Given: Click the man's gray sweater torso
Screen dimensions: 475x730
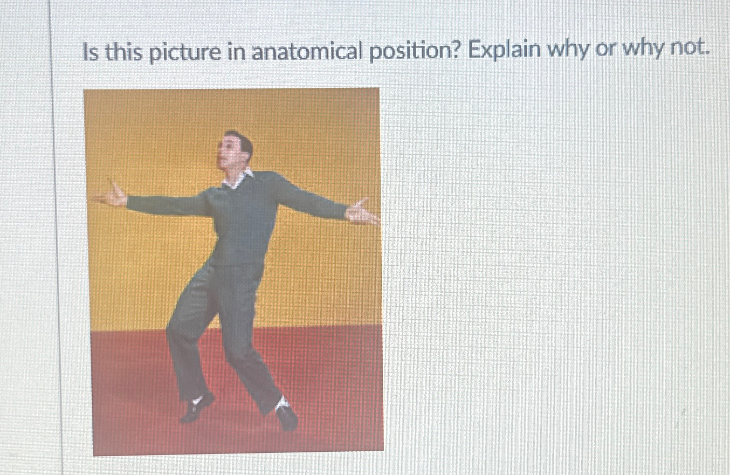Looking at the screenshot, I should click(245, 221).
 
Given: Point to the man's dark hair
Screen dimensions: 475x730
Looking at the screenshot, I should click(244, 141).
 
